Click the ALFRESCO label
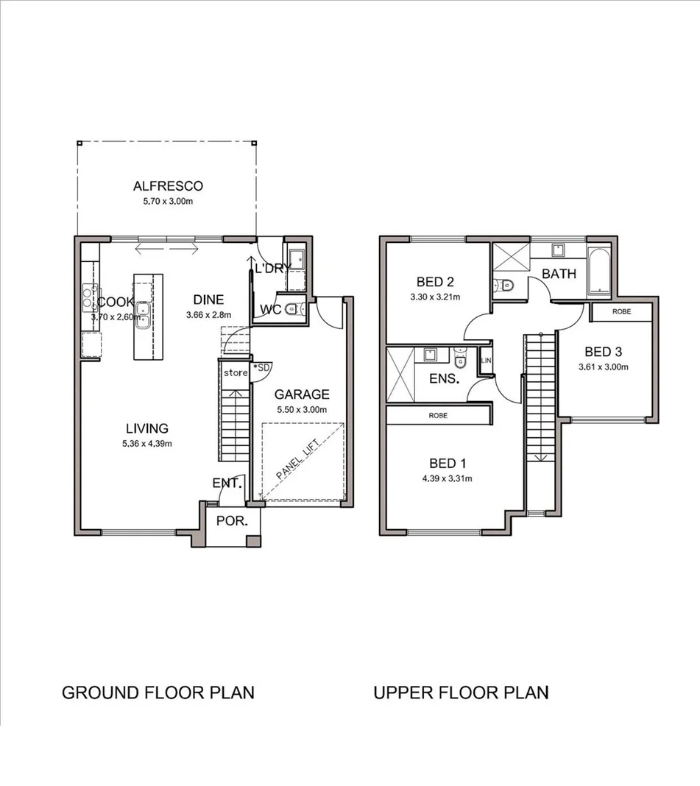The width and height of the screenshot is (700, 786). click(x=168, y=186)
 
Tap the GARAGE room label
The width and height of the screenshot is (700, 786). click(x=301, y=394)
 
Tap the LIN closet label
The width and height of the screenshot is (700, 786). click(x=485, y=361)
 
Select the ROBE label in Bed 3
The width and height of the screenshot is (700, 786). click(x=622, y=312)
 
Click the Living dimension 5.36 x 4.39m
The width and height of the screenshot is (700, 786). click(x=146, y=443)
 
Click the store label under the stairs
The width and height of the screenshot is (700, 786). click(x=236, y=373)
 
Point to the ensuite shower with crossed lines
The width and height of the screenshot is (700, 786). click(x=401, y=375)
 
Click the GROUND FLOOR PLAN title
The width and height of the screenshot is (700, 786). click(x=158, y=693)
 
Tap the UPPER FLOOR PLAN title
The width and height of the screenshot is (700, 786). click(x=461, y=693)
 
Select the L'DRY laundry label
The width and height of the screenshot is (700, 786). click(x=272, y=269)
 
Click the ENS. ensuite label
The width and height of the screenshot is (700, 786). click(x=445, y=380)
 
